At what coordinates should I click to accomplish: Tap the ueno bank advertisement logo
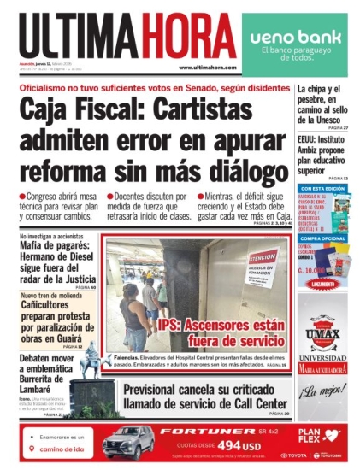[x=295, y=38]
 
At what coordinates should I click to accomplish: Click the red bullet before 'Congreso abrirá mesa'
[x=23, y=197]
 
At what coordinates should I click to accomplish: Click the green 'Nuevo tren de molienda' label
[x=51, y=295]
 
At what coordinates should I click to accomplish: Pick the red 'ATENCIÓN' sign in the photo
[x=262, y=257]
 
